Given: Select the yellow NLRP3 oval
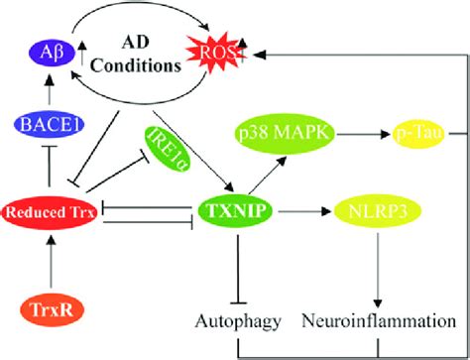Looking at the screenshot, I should pyautogui.click(x=375, y=211).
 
